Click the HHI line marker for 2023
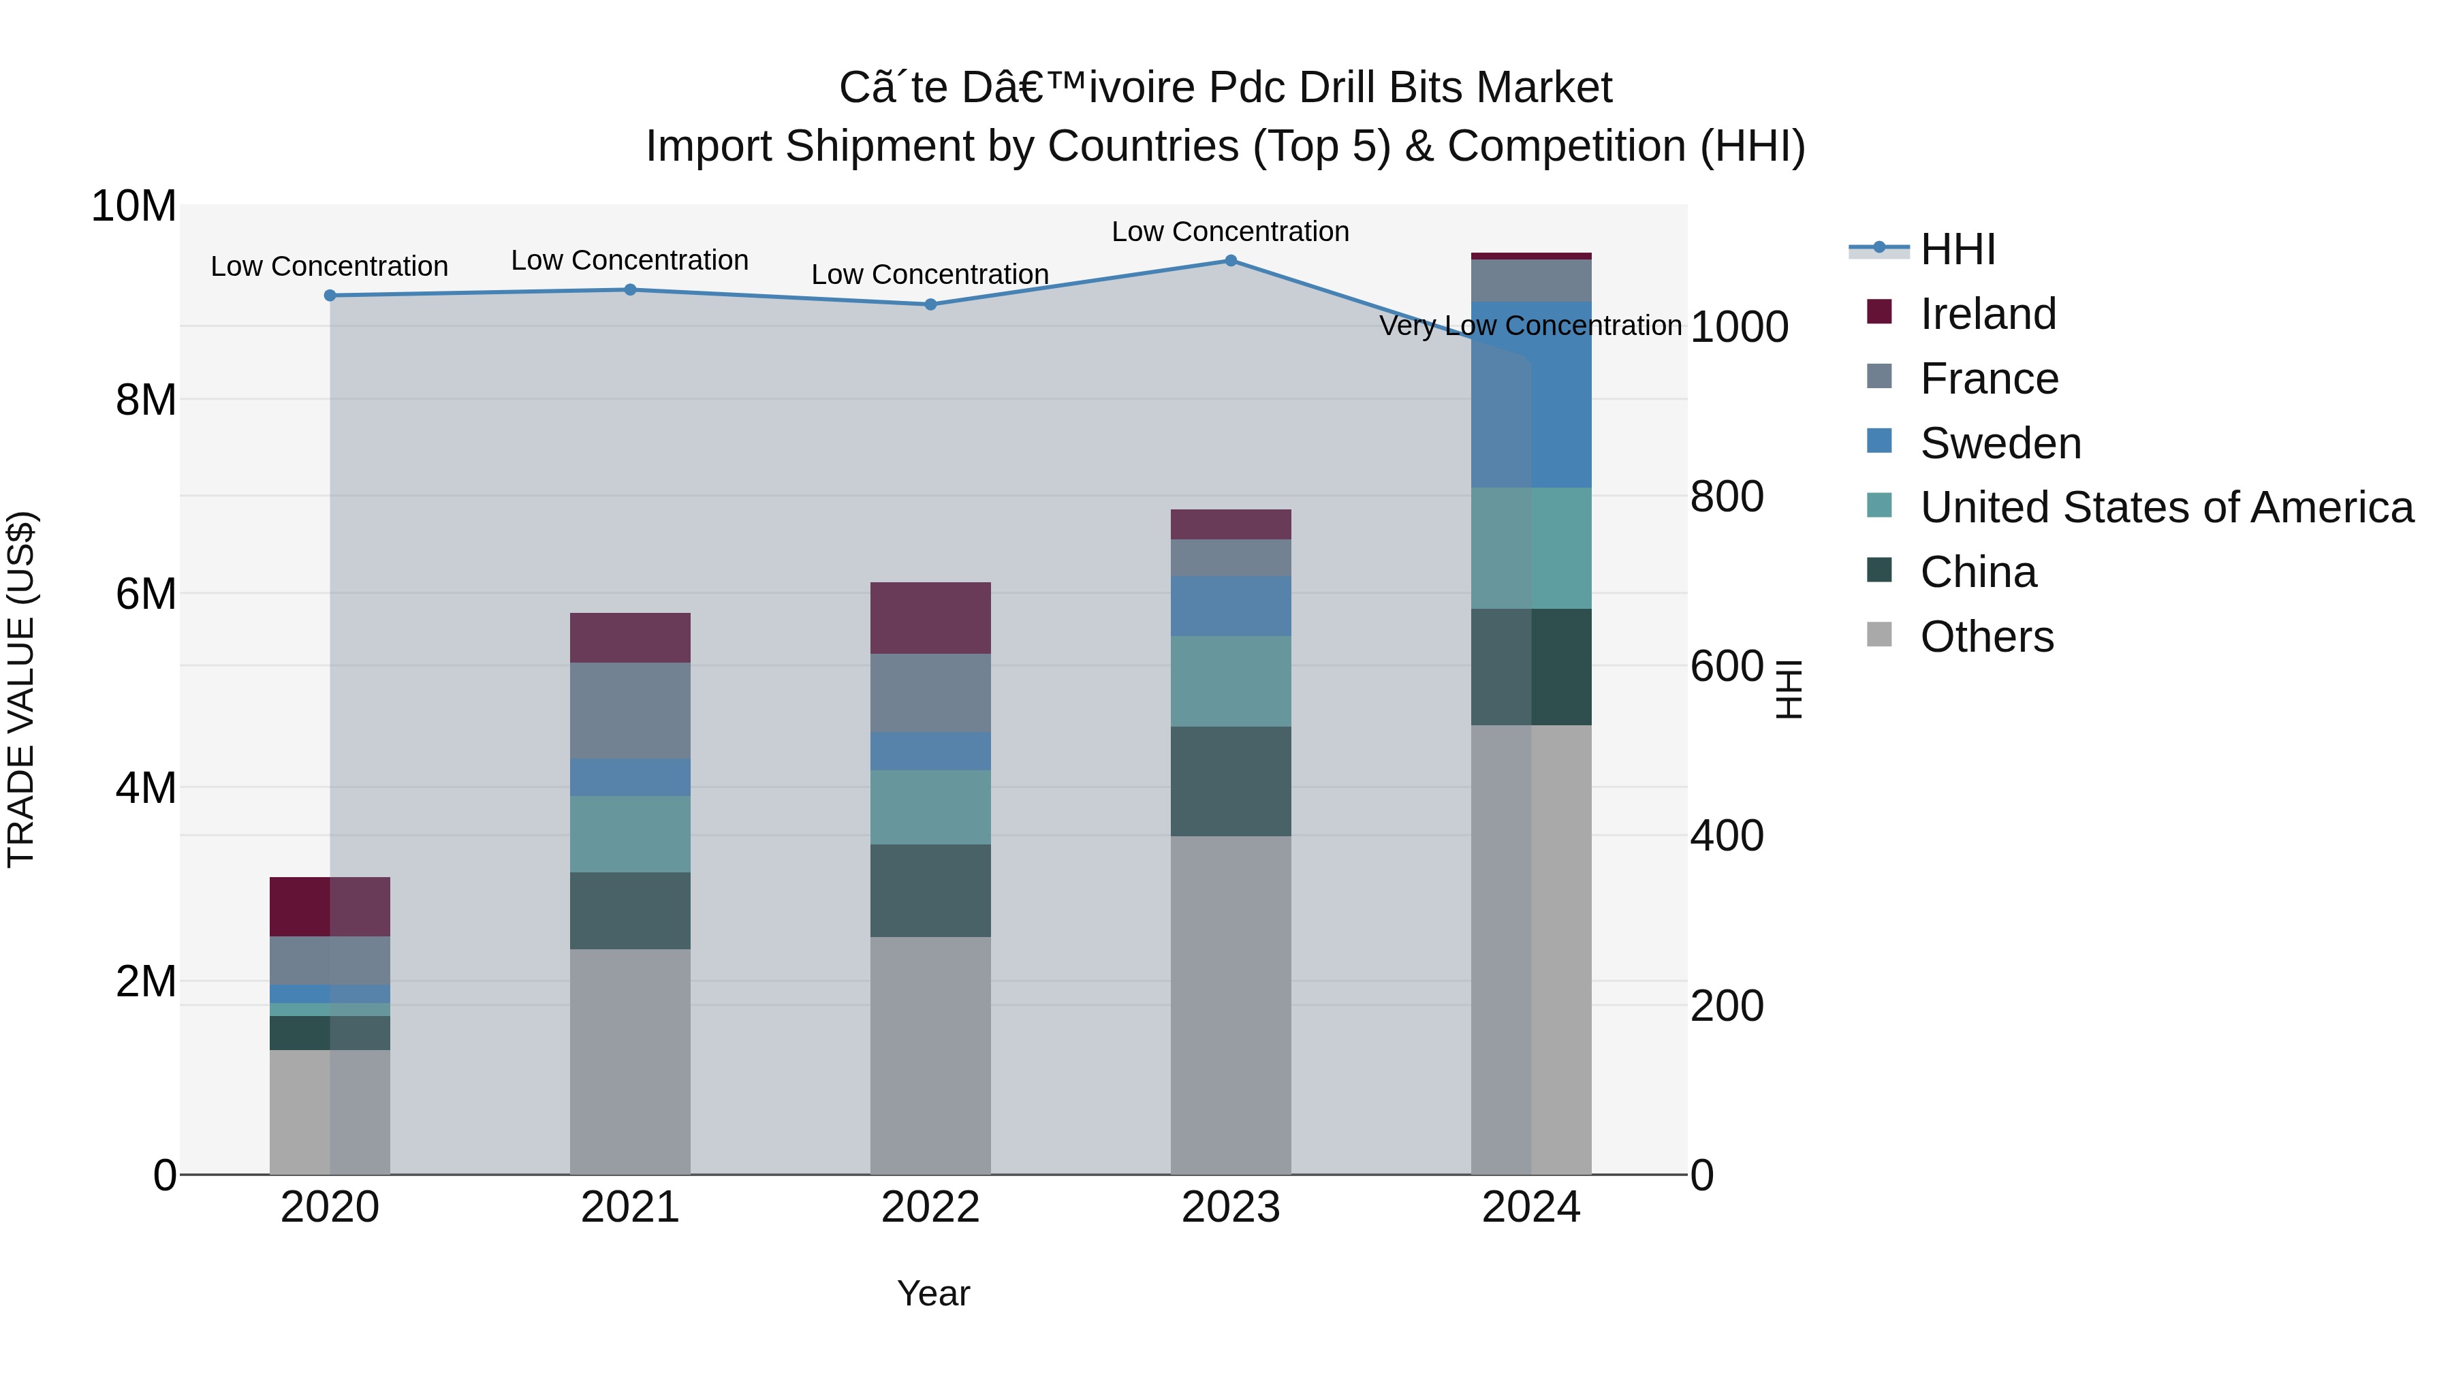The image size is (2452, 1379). pyautogui.click(x=1231, y=261)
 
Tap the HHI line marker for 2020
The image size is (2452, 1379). pyautogui.click(x=330, y=296)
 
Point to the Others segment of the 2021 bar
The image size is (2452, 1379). pyautogui.click(x=630, y=1061)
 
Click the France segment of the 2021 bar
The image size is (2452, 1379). pyautogui.click(x=630, y=710)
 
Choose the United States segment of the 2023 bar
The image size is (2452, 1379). pyautogui.click(x=1231, y=682)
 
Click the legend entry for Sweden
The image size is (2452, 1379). pyautogui.click(x=2000, y=443)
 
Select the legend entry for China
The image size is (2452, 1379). pyautogui.click(x=1978, y=572)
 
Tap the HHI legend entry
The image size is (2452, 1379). pyautogui.click(x=1957, y=249)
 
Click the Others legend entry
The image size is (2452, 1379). pyautogui.click(x=1987, y=637)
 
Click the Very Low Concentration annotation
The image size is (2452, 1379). pyautogui.click(x=1530, y=326)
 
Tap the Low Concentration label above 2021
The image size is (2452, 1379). pyautogui.click(x=629, y=260)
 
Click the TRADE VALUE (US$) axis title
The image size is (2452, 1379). pyautogui.click(x=21, y=689)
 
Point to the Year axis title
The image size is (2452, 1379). pyautogui.click(x=933, y=1293)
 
